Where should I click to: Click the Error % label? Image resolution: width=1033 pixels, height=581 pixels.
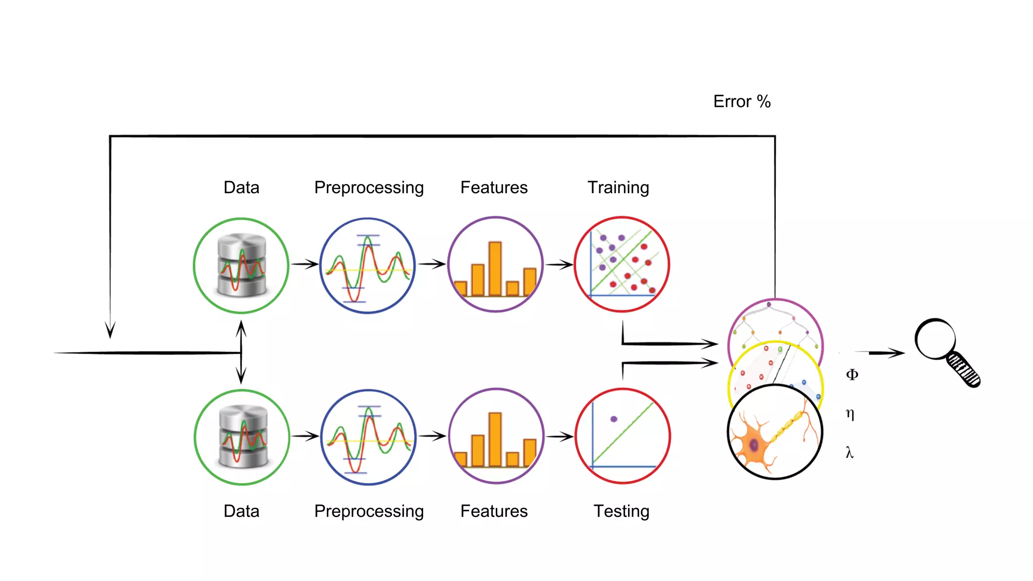[x=741, y=101]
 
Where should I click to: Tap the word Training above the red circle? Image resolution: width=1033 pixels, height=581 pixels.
[x=618, y=188]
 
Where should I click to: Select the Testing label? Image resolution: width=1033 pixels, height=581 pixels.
[x=621, y=511]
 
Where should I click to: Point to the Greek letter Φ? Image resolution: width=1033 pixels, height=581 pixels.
[x=851, y=374]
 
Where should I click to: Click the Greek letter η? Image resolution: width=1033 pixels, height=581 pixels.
[x=850, y=414]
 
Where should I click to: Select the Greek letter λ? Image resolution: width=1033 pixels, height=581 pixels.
[x=849, y=452]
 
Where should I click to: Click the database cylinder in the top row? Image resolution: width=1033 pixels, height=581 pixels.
[x=242, y=265]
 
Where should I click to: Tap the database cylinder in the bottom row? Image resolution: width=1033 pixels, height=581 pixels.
[x=243, y=437]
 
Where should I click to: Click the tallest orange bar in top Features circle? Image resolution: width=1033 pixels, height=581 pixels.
[x=495, y=268]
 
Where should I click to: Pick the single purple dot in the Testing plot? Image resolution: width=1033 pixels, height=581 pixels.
[x=613, y=419]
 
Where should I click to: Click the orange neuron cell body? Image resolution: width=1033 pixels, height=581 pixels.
[x=754, y=445]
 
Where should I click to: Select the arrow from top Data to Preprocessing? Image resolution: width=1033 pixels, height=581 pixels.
[x=305, y=264]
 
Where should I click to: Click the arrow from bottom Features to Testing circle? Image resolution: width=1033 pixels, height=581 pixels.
[x=560, y=436]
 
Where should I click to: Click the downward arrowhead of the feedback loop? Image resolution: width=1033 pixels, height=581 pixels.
[x=110, y=330]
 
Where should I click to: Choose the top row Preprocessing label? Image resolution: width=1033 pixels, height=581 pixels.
[x=369, y=188]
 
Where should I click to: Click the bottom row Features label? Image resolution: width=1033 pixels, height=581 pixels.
[x=494, y=511]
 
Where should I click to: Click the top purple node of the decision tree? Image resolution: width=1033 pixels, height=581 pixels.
[x=769, y=305]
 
